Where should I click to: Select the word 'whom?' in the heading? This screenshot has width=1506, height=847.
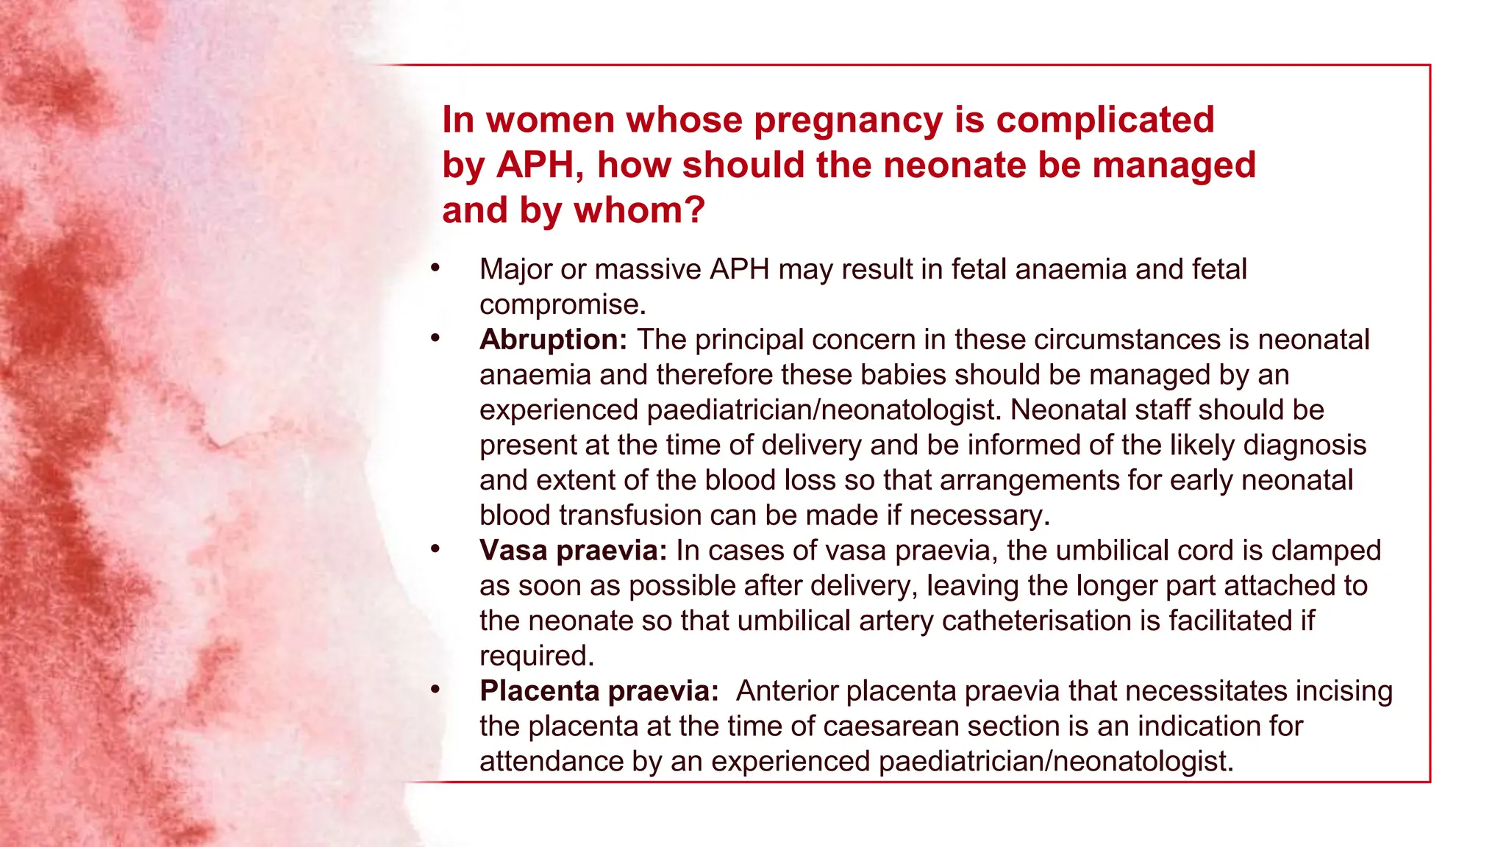639,210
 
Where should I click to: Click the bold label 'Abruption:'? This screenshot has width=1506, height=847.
553,340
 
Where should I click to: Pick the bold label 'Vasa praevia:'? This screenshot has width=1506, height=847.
573,551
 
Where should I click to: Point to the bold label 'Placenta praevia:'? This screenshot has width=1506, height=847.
599,691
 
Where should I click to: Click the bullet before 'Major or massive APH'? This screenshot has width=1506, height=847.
435,268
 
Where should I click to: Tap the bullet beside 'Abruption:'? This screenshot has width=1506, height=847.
435,338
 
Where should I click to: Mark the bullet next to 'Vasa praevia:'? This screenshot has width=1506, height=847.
435,549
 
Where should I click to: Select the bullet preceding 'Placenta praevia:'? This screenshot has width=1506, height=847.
435,690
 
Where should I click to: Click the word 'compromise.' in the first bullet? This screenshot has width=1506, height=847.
563,305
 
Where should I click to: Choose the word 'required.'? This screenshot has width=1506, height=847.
537,656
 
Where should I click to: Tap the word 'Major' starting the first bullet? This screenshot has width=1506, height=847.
515,270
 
